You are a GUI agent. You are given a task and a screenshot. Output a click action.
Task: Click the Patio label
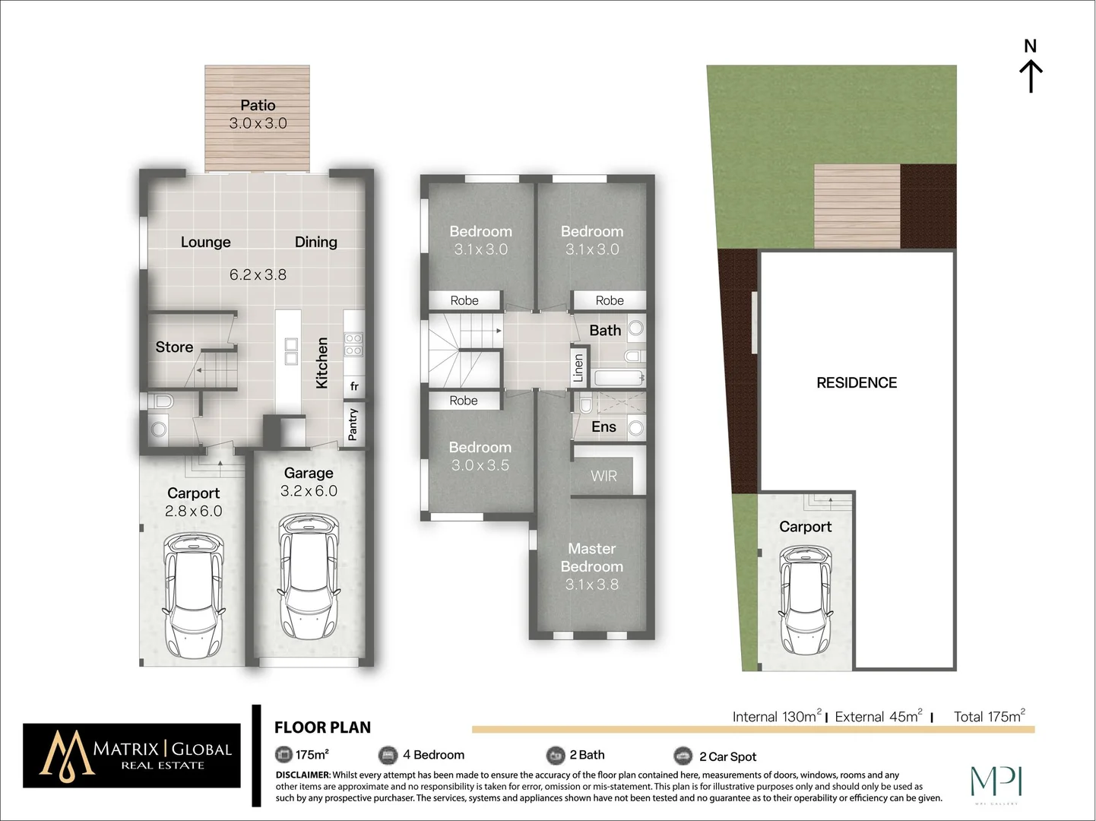(x=258, y=106)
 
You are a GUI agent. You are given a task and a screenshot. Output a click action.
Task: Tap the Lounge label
(x=205, y=242)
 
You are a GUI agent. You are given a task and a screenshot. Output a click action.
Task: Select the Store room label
(x=174, y=347)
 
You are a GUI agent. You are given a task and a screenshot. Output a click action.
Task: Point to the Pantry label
(x=353, y=425)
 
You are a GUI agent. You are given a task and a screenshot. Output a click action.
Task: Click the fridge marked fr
(x=354, y=386)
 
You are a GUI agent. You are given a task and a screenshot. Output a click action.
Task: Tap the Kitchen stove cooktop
(x=353, y=344)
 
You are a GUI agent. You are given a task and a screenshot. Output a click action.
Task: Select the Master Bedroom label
(x=591, y=557)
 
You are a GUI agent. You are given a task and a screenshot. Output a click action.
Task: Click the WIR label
(x=603, y=476)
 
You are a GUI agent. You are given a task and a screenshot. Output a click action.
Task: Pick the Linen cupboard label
(x=578, y=368)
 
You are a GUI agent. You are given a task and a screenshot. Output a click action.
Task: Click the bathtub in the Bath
(x=619, y=378)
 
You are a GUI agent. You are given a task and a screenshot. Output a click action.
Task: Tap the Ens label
(x=603, y=427)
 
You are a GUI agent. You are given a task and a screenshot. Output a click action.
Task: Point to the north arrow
(x=1031, y=68)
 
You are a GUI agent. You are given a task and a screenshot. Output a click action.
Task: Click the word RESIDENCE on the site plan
(x=857, y=383)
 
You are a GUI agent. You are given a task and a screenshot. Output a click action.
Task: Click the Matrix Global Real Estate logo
(x=132, y=755)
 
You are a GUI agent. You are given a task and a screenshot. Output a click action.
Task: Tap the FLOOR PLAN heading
(x=322, y=727)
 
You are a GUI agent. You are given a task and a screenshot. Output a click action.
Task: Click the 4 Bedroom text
(x=433, y=755)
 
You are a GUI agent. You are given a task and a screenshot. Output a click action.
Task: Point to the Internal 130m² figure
(x=776, y=716)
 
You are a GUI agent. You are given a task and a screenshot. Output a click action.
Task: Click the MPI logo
(x=996, y=783)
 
